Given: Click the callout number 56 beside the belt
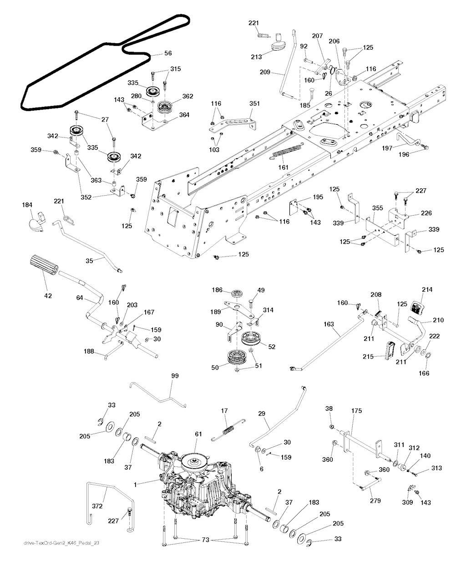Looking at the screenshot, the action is click(168, 53).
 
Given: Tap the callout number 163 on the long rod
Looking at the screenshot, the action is click(329, 324).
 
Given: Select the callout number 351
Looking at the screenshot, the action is click(254, 104).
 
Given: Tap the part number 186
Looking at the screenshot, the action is click(217, 290).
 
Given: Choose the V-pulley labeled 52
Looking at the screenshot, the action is click(251, 339).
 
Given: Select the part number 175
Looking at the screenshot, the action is click(356, 411).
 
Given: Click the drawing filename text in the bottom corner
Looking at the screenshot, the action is click(61, 543).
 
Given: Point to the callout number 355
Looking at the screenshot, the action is click(378, 208).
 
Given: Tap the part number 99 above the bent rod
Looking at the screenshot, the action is click(175, 376).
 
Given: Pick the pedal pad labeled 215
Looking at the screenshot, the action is click(390, 350).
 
